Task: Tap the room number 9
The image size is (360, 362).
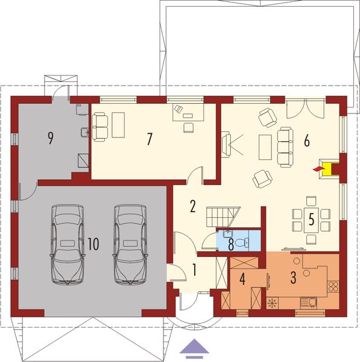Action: pyautogui.click(x=51, y=138)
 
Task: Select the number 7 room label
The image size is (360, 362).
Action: pyautogui.click(x=149, y=138)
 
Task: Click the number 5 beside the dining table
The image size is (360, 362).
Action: pyautogui.click(x=312, y=218)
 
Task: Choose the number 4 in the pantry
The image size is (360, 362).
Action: pyautogui.click(x=242, y=278)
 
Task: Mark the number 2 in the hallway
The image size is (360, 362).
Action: pyautogui.click(x=192, y=206)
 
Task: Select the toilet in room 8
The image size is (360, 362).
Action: pyautogui.click(x=241, y=243)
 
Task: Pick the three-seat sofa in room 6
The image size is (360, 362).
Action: pyautogui.click(x=285, y=145)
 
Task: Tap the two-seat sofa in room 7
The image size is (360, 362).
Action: pyautogui.click(x=99, y=126)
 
